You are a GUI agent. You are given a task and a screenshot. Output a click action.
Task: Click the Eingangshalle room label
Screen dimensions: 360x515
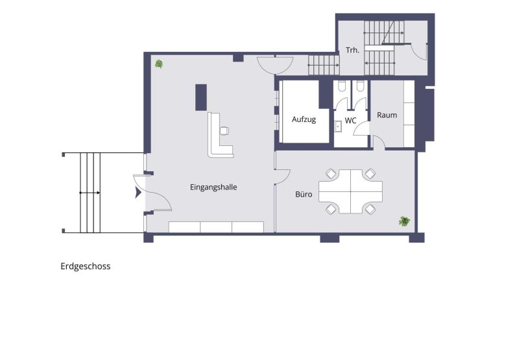click(213, 187)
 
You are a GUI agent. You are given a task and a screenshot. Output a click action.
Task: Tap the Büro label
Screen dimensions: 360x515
click(304, 193)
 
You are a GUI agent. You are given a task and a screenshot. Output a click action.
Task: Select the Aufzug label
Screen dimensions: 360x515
click(304, 119)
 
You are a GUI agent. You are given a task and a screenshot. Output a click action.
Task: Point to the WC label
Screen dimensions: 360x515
click(350, 121)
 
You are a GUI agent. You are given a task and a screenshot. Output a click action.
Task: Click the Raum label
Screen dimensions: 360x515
click(387, 115)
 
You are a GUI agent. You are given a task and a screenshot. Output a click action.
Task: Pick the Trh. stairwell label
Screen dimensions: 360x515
click(352, 49)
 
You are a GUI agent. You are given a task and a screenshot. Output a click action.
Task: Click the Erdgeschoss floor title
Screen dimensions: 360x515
click(86, 266)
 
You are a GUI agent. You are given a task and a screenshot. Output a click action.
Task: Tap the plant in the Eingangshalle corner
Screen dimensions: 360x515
click(159, 64)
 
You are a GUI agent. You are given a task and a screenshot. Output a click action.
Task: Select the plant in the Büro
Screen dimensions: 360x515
click(405, 221)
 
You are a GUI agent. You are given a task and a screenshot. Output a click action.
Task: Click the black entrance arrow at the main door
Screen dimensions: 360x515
click(138, 193)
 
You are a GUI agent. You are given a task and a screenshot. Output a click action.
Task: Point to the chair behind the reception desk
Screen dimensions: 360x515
click(224, 130)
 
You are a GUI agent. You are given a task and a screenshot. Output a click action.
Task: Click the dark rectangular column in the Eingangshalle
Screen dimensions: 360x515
click(201, 97)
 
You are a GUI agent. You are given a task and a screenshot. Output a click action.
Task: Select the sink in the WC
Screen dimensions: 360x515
click(339, 125)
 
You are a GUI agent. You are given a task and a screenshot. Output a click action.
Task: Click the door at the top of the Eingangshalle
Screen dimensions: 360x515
click(274, 65)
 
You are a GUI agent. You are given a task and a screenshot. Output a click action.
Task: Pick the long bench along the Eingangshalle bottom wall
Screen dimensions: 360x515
click(216, 226)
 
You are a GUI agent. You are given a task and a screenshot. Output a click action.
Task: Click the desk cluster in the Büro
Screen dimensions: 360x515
click(350, 191)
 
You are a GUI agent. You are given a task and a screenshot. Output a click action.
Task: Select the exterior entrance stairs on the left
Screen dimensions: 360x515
click(90, 193)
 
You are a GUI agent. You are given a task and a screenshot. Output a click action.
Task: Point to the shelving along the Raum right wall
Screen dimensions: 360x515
click(409, 114)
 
